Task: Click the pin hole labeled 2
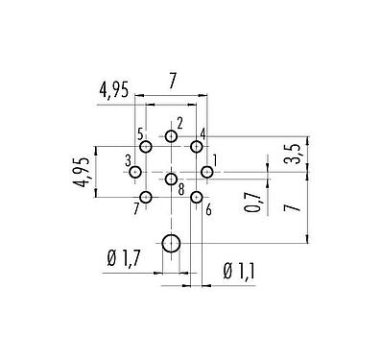[171, 136]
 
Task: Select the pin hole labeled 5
[146, 147]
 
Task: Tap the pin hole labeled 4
[196, 147]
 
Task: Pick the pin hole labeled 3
[135, 172]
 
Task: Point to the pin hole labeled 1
[206, 172]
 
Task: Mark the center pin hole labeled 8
[171, 178]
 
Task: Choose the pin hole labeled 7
[146, 197]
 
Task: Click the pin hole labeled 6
[196, 197]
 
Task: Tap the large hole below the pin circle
[171, 244]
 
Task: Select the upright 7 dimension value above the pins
[171, 84]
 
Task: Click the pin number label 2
[179, 122]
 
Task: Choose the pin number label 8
[180, 189]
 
